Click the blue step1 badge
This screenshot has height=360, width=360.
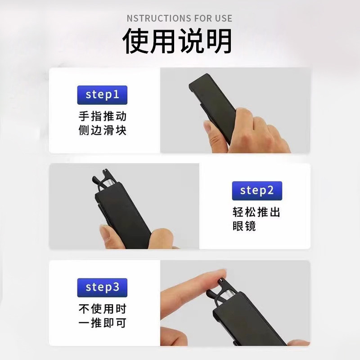pyautogui.click(x=102, y=95)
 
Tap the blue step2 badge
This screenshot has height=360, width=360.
pyautogui.click(x=257, y=190)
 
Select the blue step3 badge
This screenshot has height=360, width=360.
pyautogui.click(x=102, y=288)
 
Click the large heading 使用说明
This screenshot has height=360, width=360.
pyautogui.click(x=177, y=41)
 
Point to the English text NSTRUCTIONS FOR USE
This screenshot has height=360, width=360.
pyautogui.click(x=179, y=18)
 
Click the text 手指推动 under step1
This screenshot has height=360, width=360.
pyautogui.click(x=103, y=116)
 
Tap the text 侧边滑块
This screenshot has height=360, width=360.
pyautogui.click(x=103, y=130)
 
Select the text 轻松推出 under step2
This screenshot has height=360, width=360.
pyautogui.click(x=256, y=212)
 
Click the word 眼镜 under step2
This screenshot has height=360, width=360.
pyautogui.click(x=244, y=226)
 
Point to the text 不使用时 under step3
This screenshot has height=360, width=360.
pyautogui.click(x=103, y=309)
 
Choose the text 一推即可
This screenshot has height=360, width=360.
pyautogui.click(x=103, y=323)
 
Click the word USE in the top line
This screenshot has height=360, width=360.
pyautogui.click(x=223, y=18)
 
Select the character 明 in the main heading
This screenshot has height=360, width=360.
pyautogui.click(x=219, y=41)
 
